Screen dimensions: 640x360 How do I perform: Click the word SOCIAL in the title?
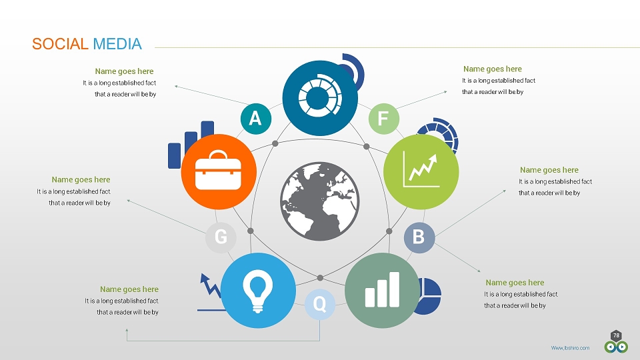[x=60, y=44]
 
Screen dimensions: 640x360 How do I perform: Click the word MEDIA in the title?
[x=117, y=44]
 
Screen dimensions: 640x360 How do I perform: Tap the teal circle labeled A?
[x=256, y=119]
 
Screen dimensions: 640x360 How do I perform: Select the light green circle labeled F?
[x=384, y=119]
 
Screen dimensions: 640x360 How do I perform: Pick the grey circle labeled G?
[x=221, y=237]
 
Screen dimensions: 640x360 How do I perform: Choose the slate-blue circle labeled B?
[x=419, y=237]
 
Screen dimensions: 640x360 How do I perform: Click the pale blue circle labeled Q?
[x=320, y=304]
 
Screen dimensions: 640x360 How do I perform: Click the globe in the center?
[x=320, y=201]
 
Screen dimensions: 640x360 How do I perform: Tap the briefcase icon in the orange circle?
[x=219, y=170]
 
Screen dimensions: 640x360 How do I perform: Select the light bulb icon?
[x=257, y=289]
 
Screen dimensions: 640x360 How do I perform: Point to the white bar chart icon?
[x=382, y=289]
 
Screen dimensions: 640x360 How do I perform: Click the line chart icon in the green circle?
[x=421, y=169]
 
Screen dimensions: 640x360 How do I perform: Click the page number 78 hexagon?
[x=616, y=335]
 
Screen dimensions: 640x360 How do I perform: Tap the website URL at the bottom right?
[x=570, y=348]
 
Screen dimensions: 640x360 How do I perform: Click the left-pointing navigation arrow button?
[x=611, y=347]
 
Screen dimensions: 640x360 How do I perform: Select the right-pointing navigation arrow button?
[x=622, y=347]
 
